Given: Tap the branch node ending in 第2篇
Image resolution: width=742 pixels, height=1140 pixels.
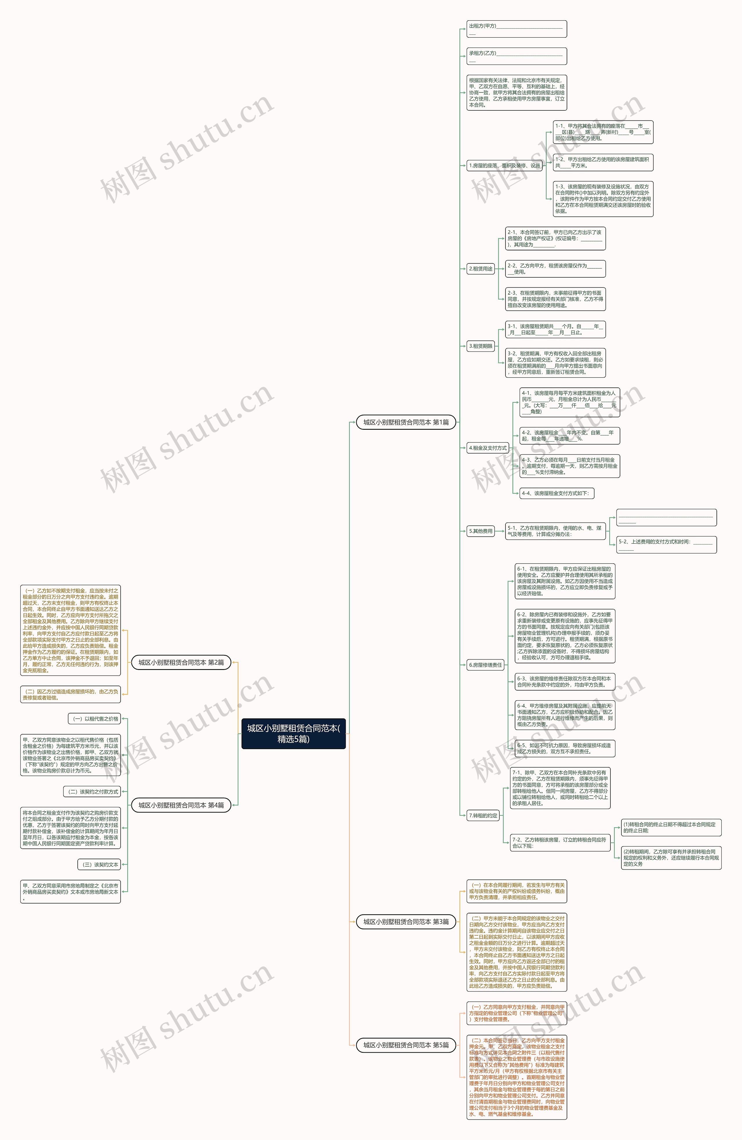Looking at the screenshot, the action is pos(181,662).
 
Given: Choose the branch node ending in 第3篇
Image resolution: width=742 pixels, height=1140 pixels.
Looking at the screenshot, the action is pos(406,922).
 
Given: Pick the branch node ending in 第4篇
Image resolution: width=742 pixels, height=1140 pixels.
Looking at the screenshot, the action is pos(181,805).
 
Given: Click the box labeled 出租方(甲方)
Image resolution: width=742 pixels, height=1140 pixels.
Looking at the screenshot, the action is pos(517,29).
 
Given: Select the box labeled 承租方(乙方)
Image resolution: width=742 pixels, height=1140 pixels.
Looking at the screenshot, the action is pos(517,56).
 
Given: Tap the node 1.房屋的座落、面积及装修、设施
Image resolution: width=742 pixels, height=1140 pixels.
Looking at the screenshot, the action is pos(504,166).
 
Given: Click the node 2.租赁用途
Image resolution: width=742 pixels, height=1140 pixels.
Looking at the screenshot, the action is pos(481,269).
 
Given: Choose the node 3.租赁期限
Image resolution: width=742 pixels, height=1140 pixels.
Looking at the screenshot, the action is pos(481,346).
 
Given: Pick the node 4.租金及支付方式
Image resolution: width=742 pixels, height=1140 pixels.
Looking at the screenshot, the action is pos(488,448).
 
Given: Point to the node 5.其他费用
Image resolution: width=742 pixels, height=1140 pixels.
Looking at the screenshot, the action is pos(481,531).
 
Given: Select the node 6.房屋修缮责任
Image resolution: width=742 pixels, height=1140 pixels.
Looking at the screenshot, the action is pos(485,665).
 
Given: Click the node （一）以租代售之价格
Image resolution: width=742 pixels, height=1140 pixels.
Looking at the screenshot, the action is pos(94,718).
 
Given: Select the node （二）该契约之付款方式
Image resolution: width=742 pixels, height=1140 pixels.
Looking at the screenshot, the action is pos(92,792).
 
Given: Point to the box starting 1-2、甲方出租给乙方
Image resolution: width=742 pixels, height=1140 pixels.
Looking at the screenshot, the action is pos(603,162).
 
